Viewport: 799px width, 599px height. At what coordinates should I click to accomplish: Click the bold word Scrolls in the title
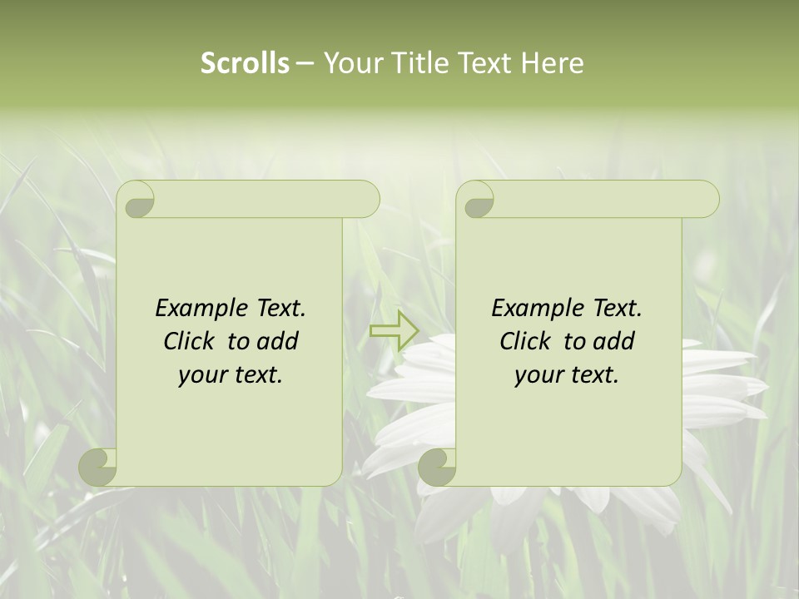click(x=245, y=63)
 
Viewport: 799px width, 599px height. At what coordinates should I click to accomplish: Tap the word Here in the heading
click(x=553, y=63)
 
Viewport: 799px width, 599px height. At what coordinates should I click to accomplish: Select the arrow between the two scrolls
click(x=394, y=331)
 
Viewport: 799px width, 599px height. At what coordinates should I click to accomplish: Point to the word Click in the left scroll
click(x=188, y=341)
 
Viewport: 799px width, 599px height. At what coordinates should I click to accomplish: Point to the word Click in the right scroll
click(x=524, y=341)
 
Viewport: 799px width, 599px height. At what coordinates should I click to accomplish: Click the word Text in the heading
click(x=485, y=63)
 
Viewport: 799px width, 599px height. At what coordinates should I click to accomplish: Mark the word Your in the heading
click(x=350, y=63)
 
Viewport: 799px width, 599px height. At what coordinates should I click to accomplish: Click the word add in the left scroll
click(x=278, y=341)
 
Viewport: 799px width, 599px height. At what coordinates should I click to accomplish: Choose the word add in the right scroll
click(x=614, y=341)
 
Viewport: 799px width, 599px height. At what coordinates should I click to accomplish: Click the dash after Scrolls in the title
click(x=305, y=64)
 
